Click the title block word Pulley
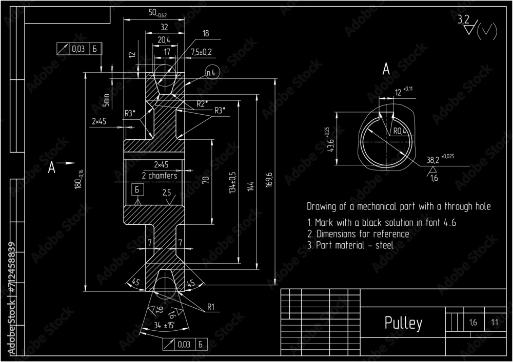(403, 323)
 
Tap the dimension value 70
(206, 180)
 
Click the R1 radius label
(210, 307)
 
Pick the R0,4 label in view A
(400, 131)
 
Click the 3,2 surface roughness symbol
(464, 20)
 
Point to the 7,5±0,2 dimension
(201, 52)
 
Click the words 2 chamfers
(160, 176)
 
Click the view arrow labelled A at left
(52, 167)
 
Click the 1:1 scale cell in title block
(495, 323)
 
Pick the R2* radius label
(202, 103)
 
